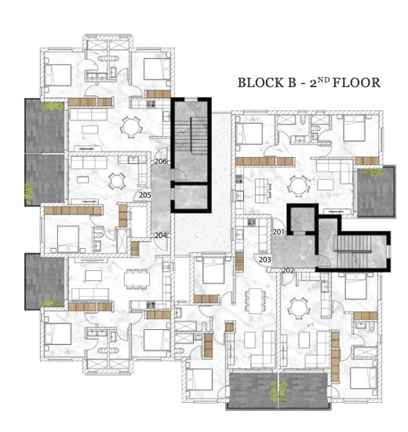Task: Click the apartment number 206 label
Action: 161,161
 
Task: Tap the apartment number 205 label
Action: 145,195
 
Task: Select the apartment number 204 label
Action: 161,236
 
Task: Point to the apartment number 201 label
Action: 279,232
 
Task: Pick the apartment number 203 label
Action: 265,259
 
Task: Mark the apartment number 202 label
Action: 288,270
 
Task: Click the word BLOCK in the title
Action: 260,82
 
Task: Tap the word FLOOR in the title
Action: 356,82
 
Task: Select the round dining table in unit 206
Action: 131,127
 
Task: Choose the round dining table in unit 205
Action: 117,181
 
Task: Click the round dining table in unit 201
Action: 297,185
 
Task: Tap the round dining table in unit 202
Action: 297,308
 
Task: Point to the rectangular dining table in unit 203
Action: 256,301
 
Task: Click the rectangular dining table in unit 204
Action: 137,279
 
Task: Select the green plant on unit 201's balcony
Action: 373,173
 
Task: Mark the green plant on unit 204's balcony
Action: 52,303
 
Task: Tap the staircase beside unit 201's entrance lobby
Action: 353,251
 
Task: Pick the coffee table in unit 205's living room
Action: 82,180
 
